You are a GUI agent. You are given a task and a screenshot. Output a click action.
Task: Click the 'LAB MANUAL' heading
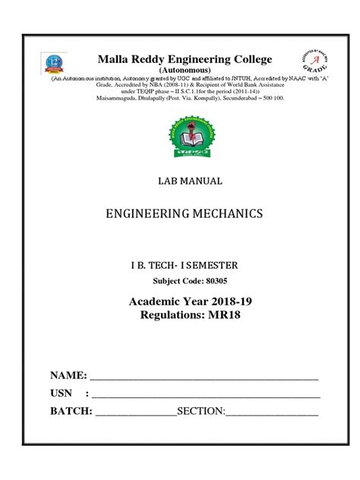(x=180, y=182)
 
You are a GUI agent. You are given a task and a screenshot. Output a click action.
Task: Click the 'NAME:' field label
(x=69, y=376)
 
